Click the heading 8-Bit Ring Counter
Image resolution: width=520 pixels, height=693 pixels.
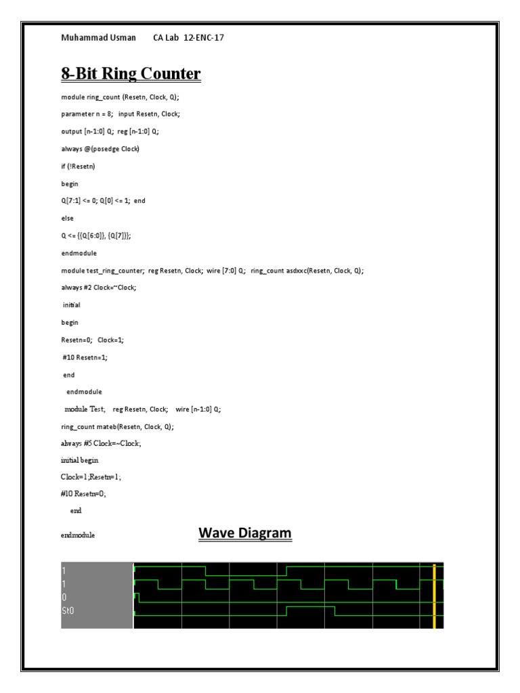(x=131, y=73)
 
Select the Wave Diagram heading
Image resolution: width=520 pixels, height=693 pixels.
(x=244, y=533)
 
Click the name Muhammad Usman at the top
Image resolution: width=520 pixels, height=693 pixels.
(x=98, y=38)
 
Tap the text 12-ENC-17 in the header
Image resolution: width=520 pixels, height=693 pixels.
(x=204, y=38)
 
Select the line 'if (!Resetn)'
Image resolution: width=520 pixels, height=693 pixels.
(x=79, y=166)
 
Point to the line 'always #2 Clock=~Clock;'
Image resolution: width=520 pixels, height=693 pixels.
(x=99, y=288)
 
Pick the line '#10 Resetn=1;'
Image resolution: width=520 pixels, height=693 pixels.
(x=84, y=357)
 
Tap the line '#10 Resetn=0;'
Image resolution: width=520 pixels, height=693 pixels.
(x=83, y=494)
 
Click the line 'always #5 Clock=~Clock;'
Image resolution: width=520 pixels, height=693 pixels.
(x=102, y=443)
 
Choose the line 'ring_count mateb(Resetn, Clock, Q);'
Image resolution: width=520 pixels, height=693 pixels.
(x=117, y=426)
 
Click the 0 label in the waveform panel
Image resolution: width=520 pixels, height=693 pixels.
(x=64, y=597)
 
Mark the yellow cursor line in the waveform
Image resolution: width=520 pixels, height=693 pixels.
(x=434, y=596)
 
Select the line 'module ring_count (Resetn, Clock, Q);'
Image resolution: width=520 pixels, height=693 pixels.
(x=120, y=97)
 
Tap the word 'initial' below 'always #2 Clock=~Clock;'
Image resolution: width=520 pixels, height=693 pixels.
(x=72, y=305)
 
